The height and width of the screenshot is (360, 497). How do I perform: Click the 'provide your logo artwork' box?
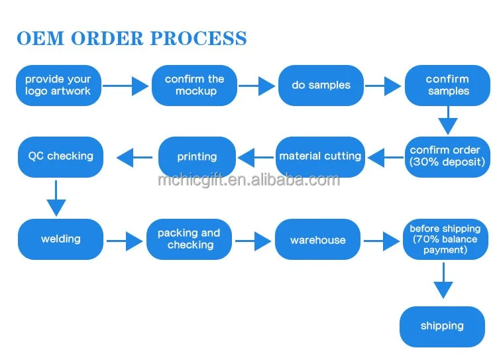(58, 85)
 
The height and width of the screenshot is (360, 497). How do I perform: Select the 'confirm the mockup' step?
(195, 85)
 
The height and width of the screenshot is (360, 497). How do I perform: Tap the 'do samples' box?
(321, 85)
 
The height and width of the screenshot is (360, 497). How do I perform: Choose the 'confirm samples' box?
(448, 85)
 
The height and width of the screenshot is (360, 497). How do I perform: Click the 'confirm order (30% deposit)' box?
(447, 156)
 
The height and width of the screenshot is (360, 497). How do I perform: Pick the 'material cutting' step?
(320, 156)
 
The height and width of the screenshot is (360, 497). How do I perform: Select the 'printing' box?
(197, 157)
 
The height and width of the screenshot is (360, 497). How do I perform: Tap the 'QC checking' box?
(60, 156)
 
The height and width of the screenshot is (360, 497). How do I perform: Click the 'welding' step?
(61, 239)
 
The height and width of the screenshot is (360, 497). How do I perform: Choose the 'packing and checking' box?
(190, 239)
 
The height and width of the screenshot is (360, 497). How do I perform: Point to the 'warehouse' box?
(318, 240)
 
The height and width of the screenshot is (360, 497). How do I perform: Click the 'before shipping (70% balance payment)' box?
(445, 239)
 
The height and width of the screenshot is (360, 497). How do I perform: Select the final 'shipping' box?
(442, 326)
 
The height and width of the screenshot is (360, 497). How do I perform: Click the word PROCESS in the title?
(198, 38)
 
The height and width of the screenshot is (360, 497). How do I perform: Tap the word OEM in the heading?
(40, 38)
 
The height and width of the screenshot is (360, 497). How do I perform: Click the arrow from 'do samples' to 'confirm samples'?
(383, 86)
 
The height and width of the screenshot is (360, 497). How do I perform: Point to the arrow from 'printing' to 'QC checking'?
(135, 157)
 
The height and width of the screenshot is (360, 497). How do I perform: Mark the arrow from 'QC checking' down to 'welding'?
(56, 196)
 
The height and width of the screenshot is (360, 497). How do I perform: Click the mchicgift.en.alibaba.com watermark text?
(248, 180)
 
